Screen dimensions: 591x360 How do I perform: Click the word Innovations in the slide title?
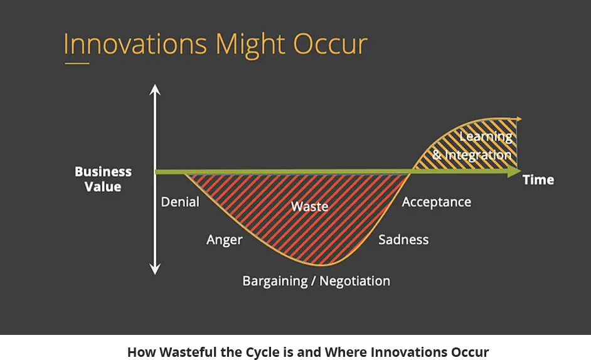tap(136, 44)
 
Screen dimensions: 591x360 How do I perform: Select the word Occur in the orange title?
tap(330, 45)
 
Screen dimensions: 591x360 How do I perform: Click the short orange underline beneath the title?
tap(77, 63)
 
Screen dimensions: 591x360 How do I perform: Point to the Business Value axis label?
tap(103, 179)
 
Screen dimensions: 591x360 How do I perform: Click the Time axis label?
tap(538, 180)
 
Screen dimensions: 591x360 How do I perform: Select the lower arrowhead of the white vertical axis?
tap(155, 269)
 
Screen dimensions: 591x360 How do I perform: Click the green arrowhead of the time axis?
tap(514, 172)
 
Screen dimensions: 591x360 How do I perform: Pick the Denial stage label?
tap(180, 202)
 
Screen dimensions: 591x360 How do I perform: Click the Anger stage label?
tap(224, 240)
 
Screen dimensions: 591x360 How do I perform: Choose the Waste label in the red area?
tap(309, 206)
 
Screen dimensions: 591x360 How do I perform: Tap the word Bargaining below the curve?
tap(275, 281)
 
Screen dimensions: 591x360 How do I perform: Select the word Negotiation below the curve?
tap(354, 281)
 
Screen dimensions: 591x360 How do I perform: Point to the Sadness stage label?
tap(403, 240)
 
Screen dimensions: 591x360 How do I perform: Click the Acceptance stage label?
tap(437, 203)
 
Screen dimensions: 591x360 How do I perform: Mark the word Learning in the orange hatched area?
tap(486, 137)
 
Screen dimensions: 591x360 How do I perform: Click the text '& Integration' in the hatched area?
tap(472, 155)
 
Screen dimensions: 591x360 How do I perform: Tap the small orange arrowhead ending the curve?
tap(519, 119)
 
